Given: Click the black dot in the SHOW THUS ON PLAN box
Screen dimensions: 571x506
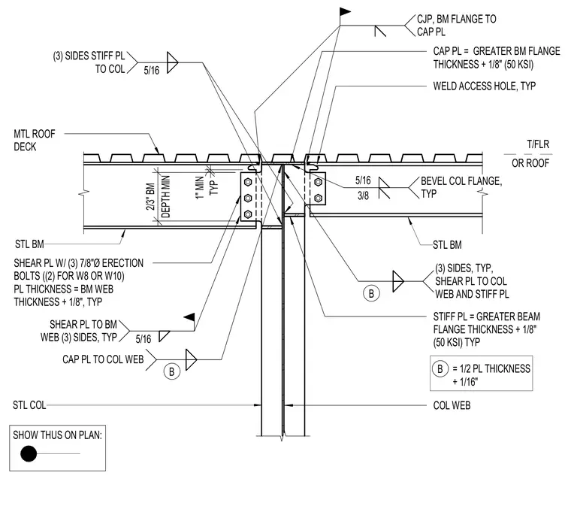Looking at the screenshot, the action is click(29, 453).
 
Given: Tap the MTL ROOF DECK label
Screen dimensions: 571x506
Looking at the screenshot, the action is click(35, 141).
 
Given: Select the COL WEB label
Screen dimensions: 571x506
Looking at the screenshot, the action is click(452, 405).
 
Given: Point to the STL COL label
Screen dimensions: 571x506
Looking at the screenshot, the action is click(29, 405).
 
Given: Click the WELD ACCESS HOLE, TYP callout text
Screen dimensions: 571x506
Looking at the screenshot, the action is click(485, 86).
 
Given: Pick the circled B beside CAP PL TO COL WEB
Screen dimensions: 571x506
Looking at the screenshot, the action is click(171, 371).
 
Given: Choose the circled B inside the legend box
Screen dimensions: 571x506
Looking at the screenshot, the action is click(440, 368).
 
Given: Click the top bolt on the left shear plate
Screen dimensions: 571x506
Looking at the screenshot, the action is click(248, 182).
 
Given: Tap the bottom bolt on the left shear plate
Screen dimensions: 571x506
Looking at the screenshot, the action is click(248, 214).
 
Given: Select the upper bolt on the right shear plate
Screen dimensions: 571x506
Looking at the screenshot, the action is click(318, 182).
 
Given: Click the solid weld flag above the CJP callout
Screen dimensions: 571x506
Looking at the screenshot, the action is click(345, 12).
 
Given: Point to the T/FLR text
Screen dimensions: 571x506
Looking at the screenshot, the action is click(538, 144).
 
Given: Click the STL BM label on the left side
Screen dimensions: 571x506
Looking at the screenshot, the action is click(29, 244).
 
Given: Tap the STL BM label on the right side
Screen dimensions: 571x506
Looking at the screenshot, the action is click(447, 245).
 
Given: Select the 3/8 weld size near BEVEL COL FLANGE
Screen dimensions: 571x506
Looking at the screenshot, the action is click(363, 195).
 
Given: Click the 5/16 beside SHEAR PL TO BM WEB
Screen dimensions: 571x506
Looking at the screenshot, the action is click(143, 339).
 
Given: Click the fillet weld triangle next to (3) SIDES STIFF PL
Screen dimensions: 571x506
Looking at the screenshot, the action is click(172, 62).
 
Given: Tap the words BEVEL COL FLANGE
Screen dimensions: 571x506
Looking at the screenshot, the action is click(461, 181).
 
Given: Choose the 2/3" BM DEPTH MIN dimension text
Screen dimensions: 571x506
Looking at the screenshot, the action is click(158, 197).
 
